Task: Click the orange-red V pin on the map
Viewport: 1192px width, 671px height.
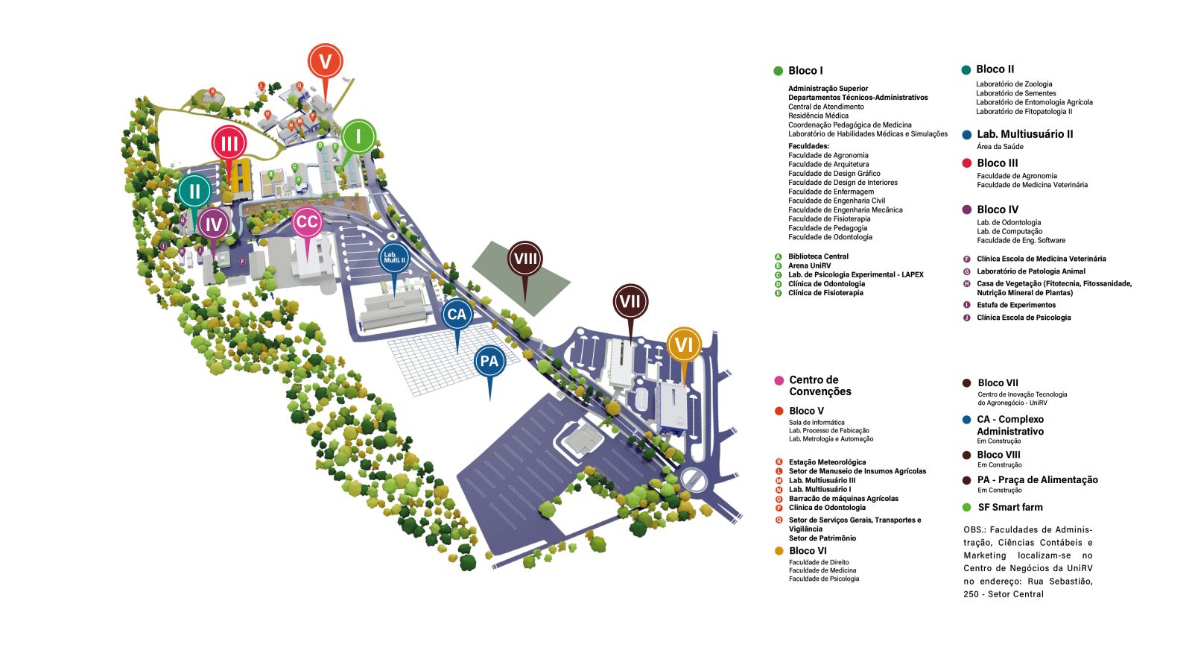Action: pyautogui.click(x=325, y=61)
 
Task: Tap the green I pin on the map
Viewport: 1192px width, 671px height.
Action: pyautogui.click(x=358, y=136)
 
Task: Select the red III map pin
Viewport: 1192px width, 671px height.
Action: pyautogui.click(x=229, y=143)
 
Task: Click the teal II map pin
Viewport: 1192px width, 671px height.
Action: pyautogui.click(x=194, y=191)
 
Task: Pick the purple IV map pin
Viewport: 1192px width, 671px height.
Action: pyautogui.click(x=214, y=224)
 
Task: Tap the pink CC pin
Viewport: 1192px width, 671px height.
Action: pyautogui.click(x=306, y=221)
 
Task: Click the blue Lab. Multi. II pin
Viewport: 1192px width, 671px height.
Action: pyautogui.click(x=394, y=259)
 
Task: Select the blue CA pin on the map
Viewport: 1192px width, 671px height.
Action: pyautogui.click(x=457, y=315)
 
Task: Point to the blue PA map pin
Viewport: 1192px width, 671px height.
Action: pyautogui.click(x=489, y=362)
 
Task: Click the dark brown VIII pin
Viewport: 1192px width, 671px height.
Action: pyautogui.click(x=525, y=259)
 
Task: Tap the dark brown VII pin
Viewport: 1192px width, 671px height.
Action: pyautogui.click(x=630, y=301)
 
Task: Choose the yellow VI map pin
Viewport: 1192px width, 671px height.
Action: pyautogui.click(x=683, y=344)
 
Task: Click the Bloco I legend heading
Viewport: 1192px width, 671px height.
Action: pyautogui.click(x=805, y=71)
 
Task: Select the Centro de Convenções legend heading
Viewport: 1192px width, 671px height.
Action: pyautogui.click(x=819, y=385)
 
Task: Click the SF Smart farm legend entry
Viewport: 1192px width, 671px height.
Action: pyautogui.click(x=1009, y=508)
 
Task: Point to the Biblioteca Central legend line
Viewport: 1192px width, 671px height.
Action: pyautogui.click(x=818, y=256)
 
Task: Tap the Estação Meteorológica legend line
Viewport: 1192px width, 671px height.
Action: pyautogui.click(x=827, y=462)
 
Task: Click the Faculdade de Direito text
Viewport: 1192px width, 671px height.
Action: pyautogui.click(x=819, y=563)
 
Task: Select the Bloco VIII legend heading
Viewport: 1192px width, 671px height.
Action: pyautogui.click(x=998, y=455)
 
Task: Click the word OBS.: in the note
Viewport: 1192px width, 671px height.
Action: pyautogui.click(x=974, y=530)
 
